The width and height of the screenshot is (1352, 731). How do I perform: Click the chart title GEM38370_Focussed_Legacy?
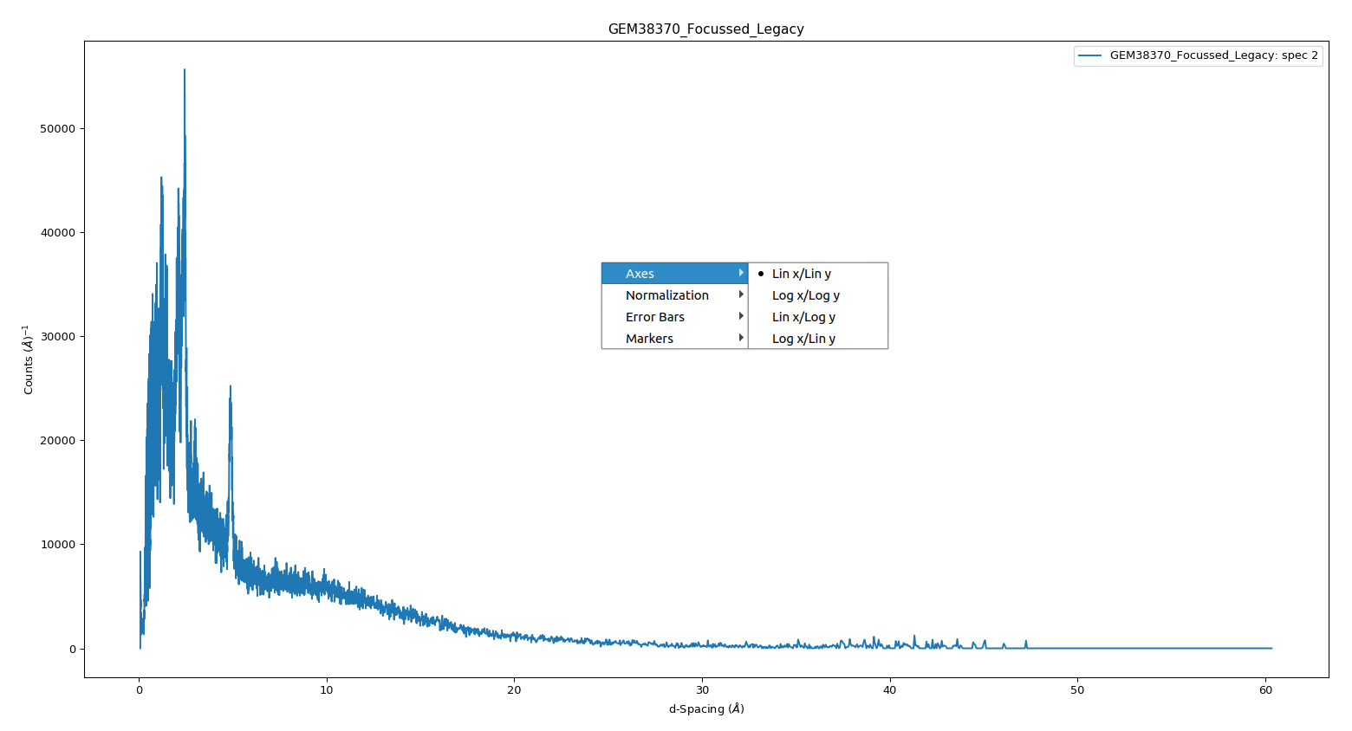coord(705,29)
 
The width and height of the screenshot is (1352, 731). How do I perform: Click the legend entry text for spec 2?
coord(1213,55)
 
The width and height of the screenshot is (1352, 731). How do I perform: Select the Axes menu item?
coord(640,274)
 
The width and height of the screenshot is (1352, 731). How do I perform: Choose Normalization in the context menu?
coord(666,295)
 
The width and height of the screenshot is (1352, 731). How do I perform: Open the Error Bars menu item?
coord(654,317)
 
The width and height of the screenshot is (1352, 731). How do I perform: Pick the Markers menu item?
coord(649,339)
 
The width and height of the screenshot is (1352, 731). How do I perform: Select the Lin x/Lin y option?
coord(801,274)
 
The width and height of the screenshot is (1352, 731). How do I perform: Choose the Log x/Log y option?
coord(805,295)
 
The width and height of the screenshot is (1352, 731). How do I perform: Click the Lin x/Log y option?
coord(803,317)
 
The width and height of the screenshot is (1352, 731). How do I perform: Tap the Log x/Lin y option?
coord(803,339)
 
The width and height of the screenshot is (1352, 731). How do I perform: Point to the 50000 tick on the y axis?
coord(58,129)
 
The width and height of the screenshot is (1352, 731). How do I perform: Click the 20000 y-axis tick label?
coord(58,441)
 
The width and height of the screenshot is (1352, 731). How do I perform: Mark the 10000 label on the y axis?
coord(58,545)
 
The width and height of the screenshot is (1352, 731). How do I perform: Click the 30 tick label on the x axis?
coord(702,690)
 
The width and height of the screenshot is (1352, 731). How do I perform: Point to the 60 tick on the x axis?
coord(1265,690)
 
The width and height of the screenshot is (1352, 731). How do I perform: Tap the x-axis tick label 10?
coord(326,690)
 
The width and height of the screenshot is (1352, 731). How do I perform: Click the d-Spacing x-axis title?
coord(706,709)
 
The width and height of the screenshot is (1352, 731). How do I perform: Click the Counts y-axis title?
coord(29,359)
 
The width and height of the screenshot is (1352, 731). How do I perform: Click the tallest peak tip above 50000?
coord(185,71)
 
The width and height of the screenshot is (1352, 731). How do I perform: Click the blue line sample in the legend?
coord(1089,55)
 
